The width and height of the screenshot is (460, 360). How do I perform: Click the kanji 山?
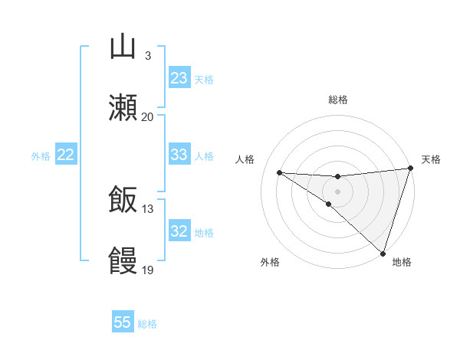123,47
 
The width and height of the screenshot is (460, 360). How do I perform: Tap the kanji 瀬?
123,108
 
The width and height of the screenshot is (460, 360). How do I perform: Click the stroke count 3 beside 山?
148,56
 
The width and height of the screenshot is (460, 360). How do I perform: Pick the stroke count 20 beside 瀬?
148,116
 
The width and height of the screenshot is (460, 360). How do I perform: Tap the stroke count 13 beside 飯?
148,209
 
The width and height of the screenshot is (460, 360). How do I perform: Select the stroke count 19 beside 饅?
148,270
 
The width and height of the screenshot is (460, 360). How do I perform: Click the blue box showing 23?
179,78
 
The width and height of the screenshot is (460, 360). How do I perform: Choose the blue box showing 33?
179,155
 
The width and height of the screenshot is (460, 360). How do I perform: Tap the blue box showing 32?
179,231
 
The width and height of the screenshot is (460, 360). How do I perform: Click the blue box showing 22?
66,155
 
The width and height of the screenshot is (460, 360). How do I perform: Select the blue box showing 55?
123,322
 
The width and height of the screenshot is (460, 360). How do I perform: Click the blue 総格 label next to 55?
147,324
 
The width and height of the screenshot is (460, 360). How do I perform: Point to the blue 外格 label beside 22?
41,156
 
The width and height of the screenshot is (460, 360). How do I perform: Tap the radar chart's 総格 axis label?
337,100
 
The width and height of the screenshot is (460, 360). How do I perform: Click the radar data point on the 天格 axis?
411,169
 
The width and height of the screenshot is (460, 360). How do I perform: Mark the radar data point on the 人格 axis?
279,172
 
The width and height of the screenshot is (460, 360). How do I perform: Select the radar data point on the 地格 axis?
383,253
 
